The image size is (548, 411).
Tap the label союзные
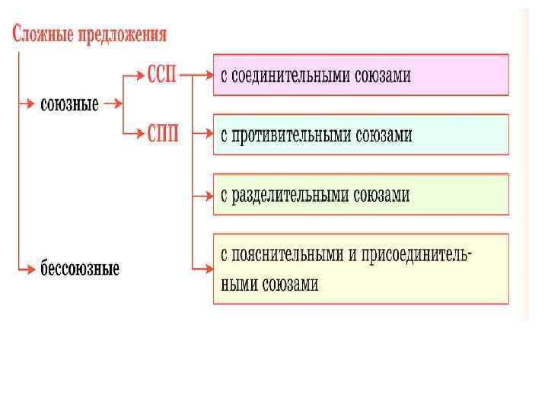[x=69, y=104]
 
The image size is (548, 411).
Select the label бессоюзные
[x=80, y=269]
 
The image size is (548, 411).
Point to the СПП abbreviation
[x=163, y=135]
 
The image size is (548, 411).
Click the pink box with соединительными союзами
[x=360, y=75]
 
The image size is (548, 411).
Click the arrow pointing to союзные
[x=27, y=102]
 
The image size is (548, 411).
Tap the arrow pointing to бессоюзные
[x=27, y=267]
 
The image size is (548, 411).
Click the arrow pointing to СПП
[x=134, y=133]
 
